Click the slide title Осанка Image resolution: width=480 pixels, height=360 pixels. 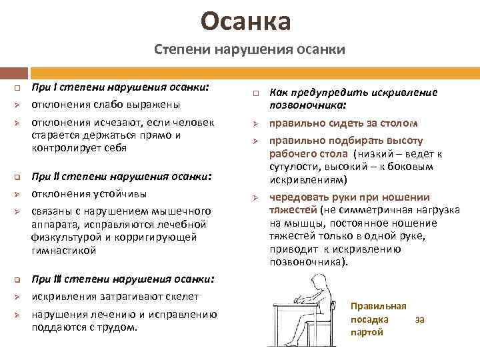pos(247,21)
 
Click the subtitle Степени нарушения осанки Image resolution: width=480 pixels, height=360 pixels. pos(249,50)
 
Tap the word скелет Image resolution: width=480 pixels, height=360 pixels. pos(181,296)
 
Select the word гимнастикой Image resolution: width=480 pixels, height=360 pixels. pos(64,250)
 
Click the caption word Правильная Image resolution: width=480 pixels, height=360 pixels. pos(379,306)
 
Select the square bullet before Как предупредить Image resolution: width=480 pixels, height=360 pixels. pos(255,94)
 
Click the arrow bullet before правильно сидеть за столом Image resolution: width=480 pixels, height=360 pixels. pos(255,124)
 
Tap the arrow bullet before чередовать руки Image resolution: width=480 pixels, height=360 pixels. pos(255,198)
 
